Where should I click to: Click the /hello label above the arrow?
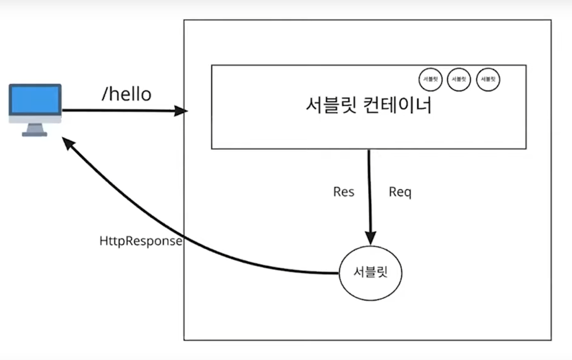click(126, 94)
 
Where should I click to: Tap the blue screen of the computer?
click(35, 100)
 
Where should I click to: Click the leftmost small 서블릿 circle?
click(430, 79)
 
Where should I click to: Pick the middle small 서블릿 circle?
click(459, 79)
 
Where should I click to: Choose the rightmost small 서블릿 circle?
click(488, 79)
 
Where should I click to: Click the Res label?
click(344, 192)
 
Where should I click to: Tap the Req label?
click(400, 192)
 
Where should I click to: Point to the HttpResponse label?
click(140, 241)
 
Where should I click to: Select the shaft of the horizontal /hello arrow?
click(120, 110)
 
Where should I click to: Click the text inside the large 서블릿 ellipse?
click(370, 272)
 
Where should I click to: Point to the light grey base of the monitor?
click(35, 120)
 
